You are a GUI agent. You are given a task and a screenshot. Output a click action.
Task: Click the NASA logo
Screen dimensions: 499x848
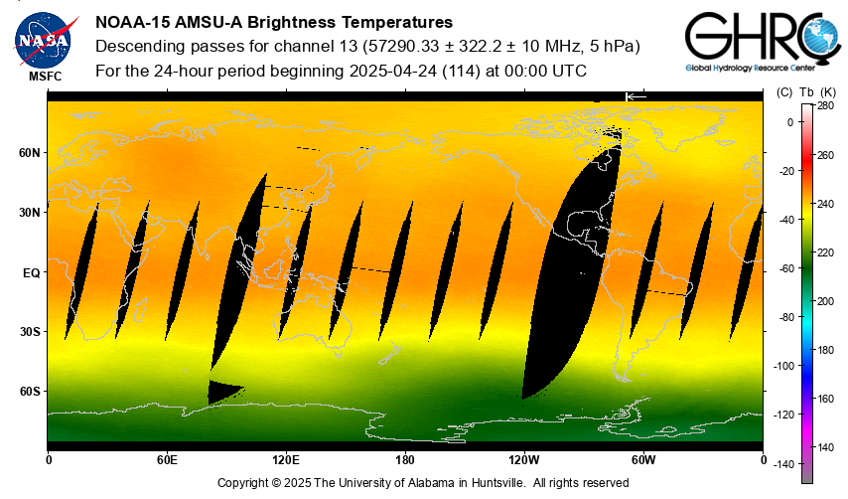click(43, 39)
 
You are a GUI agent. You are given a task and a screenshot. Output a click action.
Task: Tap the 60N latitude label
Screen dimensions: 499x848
click(30, 153)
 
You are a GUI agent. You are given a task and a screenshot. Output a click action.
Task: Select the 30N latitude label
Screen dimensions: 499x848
click(30, 213)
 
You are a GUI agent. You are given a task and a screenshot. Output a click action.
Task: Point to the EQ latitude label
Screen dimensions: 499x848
click(31, 271)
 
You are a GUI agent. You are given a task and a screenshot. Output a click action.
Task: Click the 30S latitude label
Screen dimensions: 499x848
click(30, 331)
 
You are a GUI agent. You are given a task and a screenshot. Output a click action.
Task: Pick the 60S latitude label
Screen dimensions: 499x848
click(30, 391)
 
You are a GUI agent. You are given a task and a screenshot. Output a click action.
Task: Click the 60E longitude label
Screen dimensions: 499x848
click(167, 460)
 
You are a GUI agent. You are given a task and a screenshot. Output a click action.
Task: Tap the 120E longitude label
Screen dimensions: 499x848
click(286, 460)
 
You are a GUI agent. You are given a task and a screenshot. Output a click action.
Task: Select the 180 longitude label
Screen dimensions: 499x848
click(405, 460)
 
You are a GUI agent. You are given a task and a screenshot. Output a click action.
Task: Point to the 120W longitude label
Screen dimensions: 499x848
click(524, 460)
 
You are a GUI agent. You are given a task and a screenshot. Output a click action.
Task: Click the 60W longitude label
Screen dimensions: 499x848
click(643, 460)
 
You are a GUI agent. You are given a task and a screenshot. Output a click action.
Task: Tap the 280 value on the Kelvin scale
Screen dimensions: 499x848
click(825, 105)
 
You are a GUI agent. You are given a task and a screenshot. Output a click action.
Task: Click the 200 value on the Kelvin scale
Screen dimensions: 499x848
click(825, 300)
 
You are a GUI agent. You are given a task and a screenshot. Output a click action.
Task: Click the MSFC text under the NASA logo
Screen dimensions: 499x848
click(45, 76)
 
